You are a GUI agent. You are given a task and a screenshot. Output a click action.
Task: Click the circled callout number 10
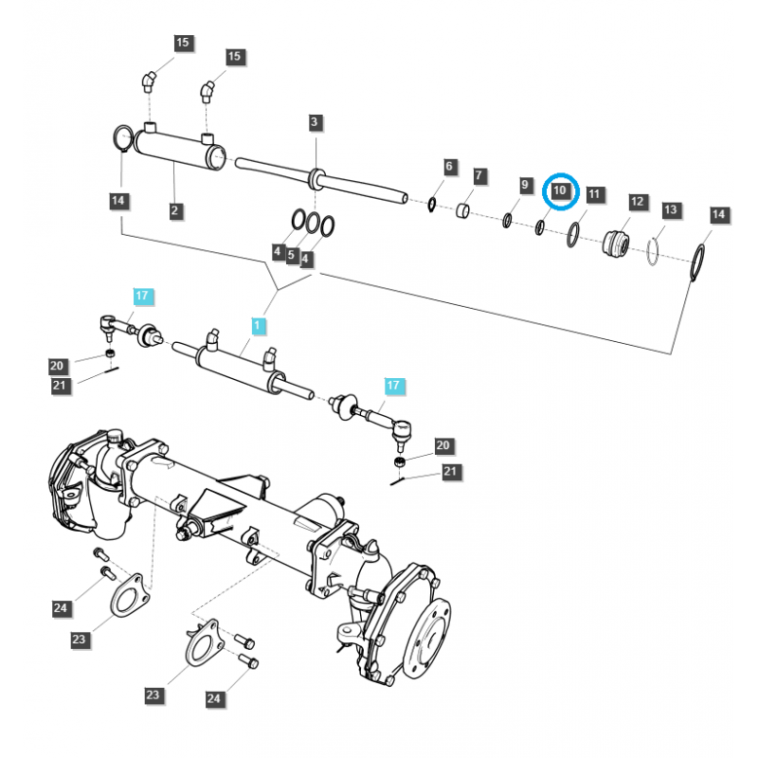pyautogui.click(x=560, y=190)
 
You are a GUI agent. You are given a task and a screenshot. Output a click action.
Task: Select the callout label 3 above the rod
pyautogui.click(x=316, y=122)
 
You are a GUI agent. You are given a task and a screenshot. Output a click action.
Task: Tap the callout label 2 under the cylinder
pyautogui.click(x=175, y=211)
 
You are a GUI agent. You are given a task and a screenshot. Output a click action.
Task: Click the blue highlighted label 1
pyautogui.click(x=258, y=326)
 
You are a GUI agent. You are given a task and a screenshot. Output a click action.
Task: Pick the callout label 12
pyautogui.click(x=637, y=201)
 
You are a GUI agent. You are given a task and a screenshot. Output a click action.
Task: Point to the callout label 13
pyautogui.click(x=671, y=208)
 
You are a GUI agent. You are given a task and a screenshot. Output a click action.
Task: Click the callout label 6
pyautogui.click(x=450, y=167)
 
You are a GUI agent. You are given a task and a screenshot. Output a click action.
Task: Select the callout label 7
pyautogui.click(x=479, y=176)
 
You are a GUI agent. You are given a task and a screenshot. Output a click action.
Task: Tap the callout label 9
pyautogui.click(x=525, y=185)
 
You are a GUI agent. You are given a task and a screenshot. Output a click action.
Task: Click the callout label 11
pyautogui.click(x=594, y=194)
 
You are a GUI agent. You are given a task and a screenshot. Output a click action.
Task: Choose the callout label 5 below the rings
pyautogui.click(x=292, y=256)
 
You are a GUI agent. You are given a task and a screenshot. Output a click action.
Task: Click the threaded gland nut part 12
pyautogui.click(x=616, y=243)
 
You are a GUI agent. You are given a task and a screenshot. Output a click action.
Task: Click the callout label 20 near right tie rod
pyautogui.click(x=443, y=445)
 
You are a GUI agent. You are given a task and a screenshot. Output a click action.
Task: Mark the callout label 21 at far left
pyautogui.click(x=59, y=384)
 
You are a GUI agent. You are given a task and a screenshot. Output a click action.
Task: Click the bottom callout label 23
pyautogui.click(x=153, y=695)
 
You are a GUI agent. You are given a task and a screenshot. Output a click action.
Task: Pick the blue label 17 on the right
pyautogui.click(x=393, y=386)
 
